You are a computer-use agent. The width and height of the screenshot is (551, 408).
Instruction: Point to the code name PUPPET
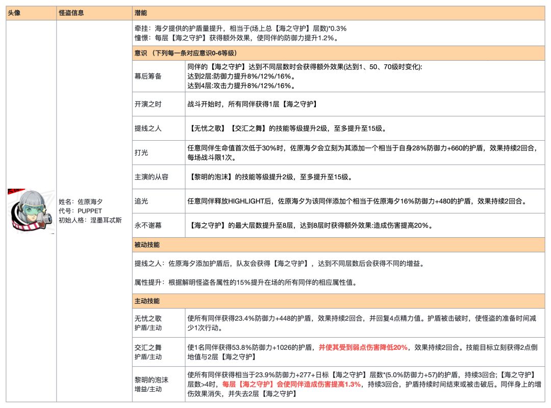point(91,211)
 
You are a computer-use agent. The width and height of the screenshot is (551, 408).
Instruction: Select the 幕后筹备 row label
point(148,76)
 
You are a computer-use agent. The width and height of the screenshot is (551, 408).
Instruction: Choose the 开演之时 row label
point(148,104)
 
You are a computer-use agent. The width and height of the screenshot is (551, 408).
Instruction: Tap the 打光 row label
point(141,152)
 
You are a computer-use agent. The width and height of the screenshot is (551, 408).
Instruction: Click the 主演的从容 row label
point(152,177)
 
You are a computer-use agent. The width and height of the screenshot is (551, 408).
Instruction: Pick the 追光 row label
point(141,201)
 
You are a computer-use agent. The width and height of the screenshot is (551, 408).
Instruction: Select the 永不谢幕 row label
point(148,225)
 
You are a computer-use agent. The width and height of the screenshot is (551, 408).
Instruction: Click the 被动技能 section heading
point(148,245)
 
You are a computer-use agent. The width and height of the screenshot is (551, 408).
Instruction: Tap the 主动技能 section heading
point(148,301)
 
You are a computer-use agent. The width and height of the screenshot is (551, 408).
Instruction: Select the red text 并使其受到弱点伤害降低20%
point(363,347)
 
